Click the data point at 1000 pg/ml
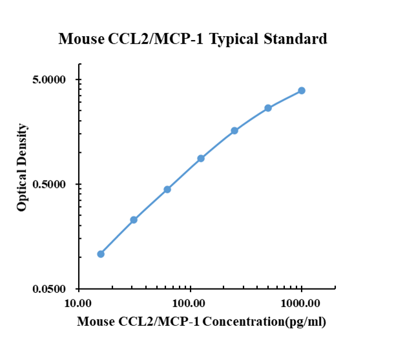[x=302, y=90]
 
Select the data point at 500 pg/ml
[x=268, y=108]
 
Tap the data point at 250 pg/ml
[x=234, y=130]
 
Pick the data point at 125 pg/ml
[x=201, y=158]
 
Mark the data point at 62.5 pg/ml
[x=167, y=189]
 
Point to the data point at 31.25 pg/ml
[x=134, y=220]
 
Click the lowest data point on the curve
[x=101, y=254]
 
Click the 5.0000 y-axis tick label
[x=50, y=80]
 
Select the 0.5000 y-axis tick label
[x=50, y=185]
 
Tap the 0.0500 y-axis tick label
[x=50, y=289]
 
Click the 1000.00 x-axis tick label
[x=302, y=303]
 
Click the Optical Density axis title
[x=23, y=167]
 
